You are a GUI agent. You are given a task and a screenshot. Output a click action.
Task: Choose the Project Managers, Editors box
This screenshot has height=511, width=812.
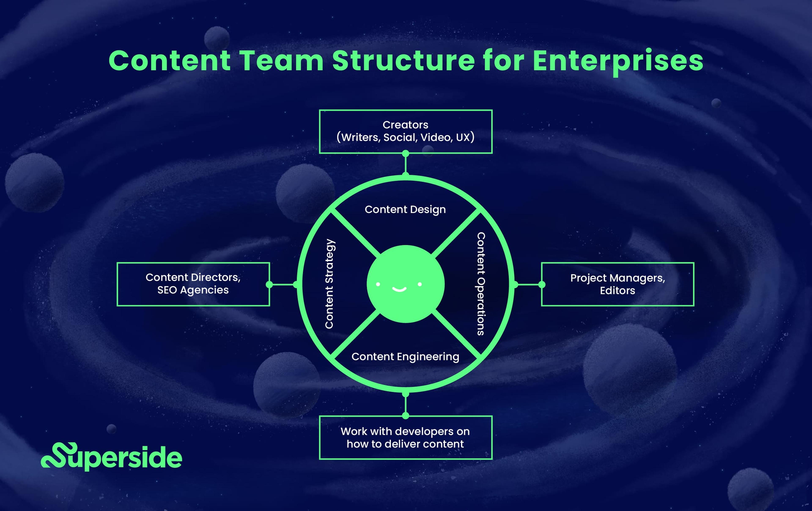tap(617, 284)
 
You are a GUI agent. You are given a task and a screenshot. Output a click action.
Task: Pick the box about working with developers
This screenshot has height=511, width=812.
tap(405, 437)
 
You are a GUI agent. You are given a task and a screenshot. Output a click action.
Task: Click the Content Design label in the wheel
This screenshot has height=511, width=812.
tap(405, 209)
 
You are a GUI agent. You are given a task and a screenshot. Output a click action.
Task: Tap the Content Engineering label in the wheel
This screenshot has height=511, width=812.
tap(405, 357)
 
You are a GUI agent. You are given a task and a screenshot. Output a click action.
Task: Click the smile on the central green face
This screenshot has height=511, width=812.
tap(399, 289)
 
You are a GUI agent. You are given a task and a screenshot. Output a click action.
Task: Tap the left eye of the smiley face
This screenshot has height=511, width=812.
tap(378, 284)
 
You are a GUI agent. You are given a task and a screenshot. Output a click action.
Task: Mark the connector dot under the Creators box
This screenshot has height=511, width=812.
tap(406, 154)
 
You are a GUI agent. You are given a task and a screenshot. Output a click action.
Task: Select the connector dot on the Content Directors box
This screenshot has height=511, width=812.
tap(269, 284)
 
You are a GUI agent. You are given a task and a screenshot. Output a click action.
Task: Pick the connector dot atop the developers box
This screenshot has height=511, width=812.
tap(406, 416)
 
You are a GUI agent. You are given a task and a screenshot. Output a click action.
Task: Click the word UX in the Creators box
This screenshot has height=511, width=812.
tap(463, 137)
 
